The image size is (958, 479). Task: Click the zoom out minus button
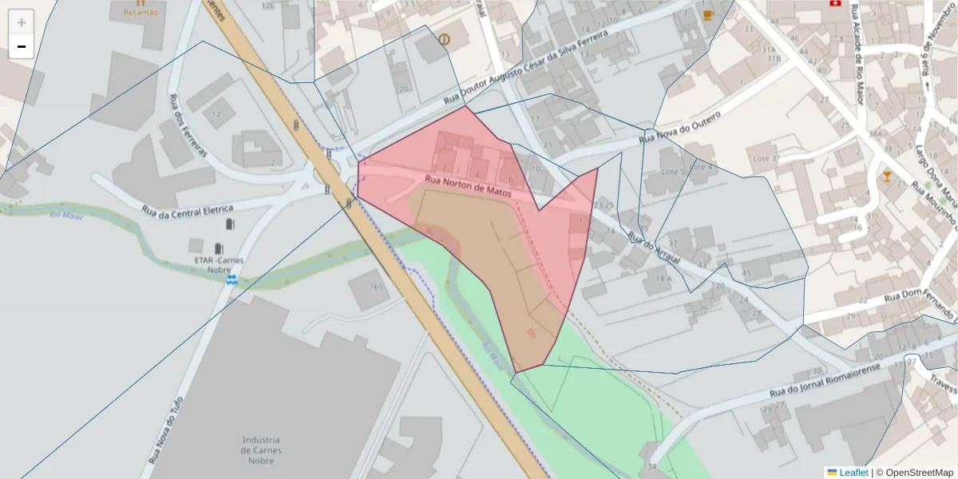click(x=22, y=46)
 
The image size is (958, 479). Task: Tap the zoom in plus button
click(x=22, y=22)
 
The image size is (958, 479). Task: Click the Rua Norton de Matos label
click(x=467, y=185)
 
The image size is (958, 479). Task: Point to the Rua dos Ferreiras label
click(x=188, y=125)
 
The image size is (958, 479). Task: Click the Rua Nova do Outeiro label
click(x=679, y=129)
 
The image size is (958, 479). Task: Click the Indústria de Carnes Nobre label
click(x=261, y=450)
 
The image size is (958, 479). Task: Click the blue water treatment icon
click(x=232, y=280)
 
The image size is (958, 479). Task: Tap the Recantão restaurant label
click(x=140, y=13)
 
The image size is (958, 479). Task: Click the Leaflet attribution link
click(x=853, y=473)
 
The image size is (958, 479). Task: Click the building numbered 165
click(x=377, y=286)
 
